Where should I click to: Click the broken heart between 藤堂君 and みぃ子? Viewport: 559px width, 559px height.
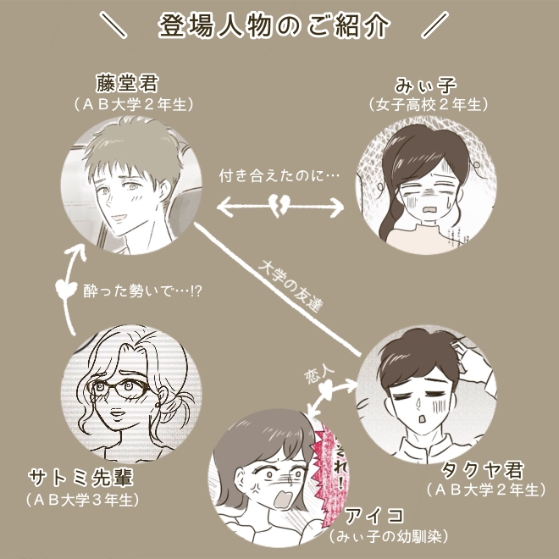tap(283, 205)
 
